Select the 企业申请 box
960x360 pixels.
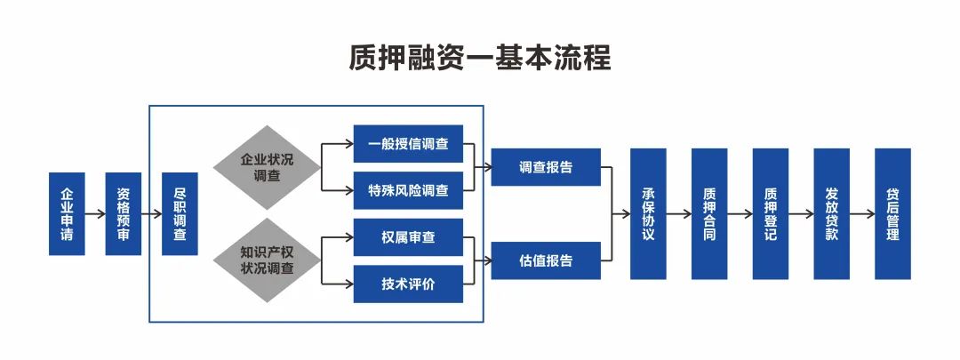[68, 214]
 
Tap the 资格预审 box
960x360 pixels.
[124, 214]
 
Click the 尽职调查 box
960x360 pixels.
[180, 214]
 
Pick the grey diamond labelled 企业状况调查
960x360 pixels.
[266, 167]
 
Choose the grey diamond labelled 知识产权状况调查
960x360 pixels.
[266, 260]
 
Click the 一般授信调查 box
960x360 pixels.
[408, 144]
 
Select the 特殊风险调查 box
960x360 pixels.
[408, 190]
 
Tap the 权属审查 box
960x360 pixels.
[408, 237]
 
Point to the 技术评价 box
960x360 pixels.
[408, 284]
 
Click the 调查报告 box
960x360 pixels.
[546, 167]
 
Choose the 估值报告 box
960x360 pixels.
[546, 260]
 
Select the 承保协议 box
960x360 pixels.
[648, 214]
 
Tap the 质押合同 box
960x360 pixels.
[709, 214]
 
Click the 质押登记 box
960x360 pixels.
[771, 214]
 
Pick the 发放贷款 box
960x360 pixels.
[831, 214]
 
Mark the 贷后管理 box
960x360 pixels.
[892, 214]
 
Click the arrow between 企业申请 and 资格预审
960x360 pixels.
[95, 214]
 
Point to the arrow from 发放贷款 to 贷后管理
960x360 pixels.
[862, 214]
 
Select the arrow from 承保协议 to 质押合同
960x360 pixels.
[679, 214]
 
